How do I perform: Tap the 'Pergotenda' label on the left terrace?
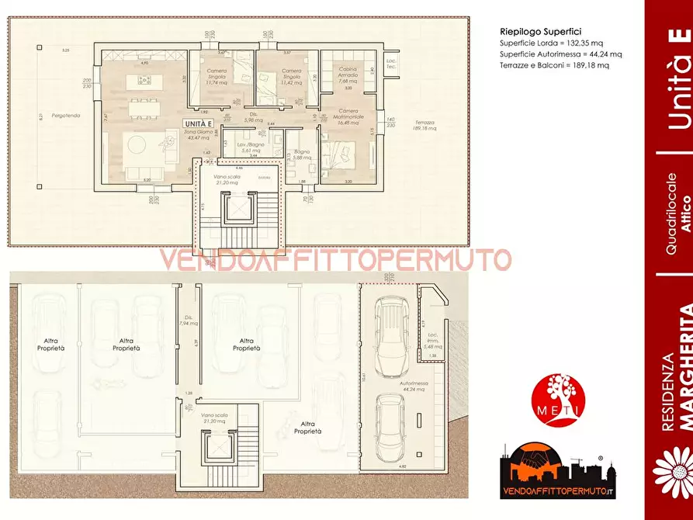(65, 114)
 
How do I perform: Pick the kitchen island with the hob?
(147, 80)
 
